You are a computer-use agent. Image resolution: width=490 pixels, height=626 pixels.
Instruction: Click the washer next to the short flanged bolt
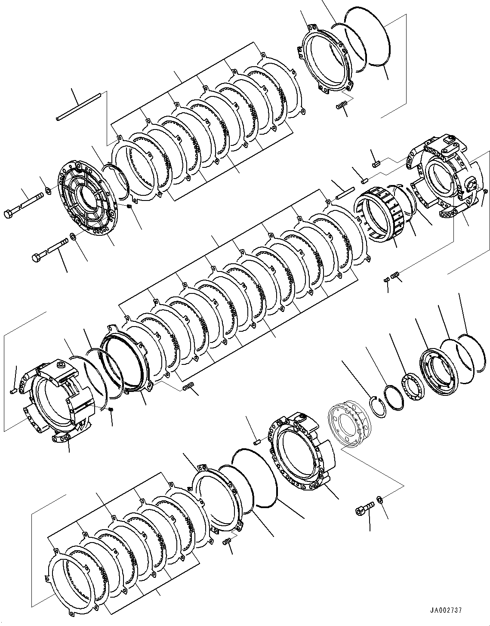click(x=380, y=499)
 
